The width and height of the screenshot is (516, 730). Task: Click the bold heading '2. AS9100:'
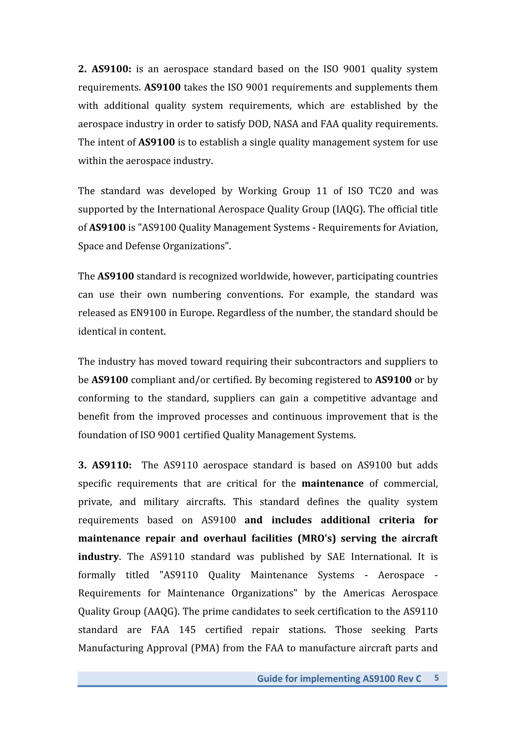point(105,69)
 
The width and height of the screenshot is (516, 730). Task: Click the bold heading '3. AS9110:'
point(105,465)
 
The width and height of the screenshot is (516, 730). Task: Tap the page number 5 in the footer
point(437,678)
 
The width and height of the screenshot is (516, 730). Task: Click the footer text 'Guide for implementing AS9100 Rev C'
point(339,679)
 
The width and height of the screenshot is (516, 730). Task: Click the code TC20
point(380,191)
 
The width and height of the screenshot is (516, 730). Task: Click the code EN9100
point(148,313)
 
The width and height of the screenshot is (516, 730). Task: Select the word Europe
point(197,313)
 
